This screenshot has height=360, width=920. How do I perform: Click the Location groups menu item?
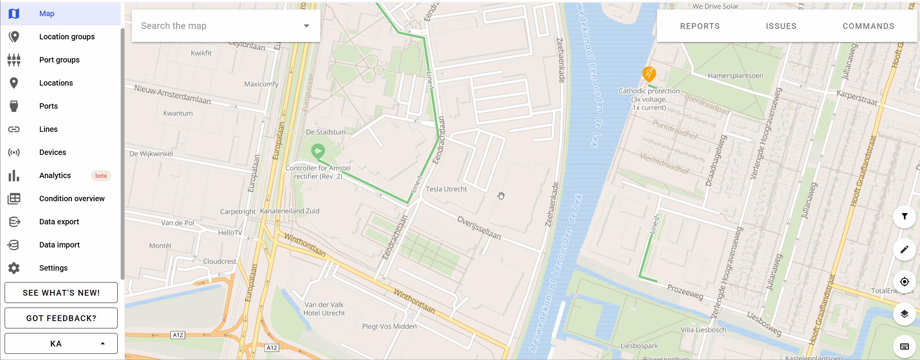tap(67, 37)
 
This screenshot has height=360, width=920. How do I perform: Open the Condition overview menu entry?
tap(72, 199)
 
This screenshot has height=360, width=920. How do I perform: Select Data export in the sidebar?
tap(59, 222)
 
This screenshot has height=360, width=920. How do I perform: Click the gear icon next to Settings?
tap(14, 268)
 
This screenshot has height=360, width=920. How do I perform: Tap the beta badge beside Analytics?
tap(101, 176)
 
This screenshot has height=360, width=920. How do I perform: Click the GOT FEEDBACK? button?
tap(61, 318)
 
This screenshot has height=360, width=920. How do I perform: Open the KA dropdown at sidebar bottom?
tap(61, 343)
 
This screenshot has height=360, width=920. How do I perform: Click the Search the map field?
tap(220, 26)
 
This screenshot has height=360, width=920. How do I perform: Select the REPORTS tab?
tap(700, 26)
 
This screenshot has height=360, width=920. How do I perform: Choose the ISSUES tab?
tap(781, 26)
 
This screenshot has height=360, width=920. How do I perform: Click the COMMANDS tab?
tap(868, 26)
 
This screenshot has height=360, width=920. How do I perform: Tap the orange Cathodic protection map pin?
tap(649, 73)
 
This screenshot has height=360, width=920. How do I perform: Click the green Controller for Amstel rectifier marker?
tap(318, 151)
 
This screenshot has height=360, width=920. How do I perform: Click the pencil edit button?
tap(904, 249)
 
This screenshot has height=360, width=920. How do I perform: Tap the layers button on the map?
tap(904, 314)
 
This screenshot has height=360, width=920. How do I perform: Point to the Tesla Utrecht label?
tap(446, 189)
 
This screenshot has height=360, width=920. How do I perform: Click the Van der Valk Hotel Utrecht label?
tap(324, 309)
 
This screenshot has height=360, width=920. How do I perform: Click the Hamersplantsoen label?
tap(735, 76)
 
